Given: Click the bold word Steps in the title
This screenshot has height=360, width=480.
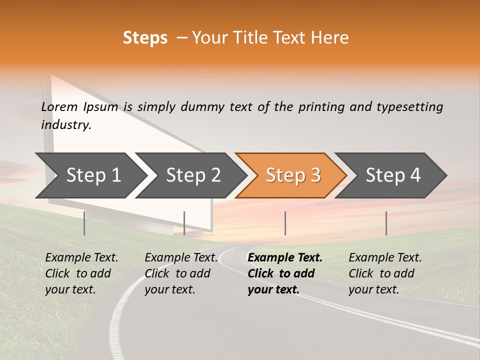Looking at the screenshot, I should click(145, 38).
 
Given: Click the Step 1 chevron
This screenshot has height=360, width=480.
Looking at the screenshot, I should click(90, 175).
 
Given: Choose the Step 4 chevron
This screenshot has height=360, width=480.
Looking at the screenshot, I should click(392, 175).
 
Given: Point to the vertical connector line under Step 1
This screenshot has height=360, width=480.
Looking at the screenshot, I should click(84, 223).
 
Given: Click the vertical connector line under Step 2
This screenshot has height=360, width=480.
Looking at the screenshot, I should click(184, 223).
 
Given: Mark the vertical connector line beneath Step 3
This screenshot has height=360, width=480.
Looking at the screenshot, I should click(285, 223).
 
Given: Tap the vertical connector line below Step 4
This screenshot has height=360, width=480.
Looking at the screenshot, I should click(386, 223).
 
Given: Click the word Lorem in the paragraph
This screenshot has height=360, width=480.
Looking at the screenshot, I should click(59, 107).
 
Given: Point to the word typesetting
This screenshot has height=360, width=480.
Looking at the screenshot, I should click(409, 107).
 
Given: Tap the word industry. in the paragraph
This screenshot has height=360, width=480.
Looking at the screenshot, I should click(66, 125).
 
